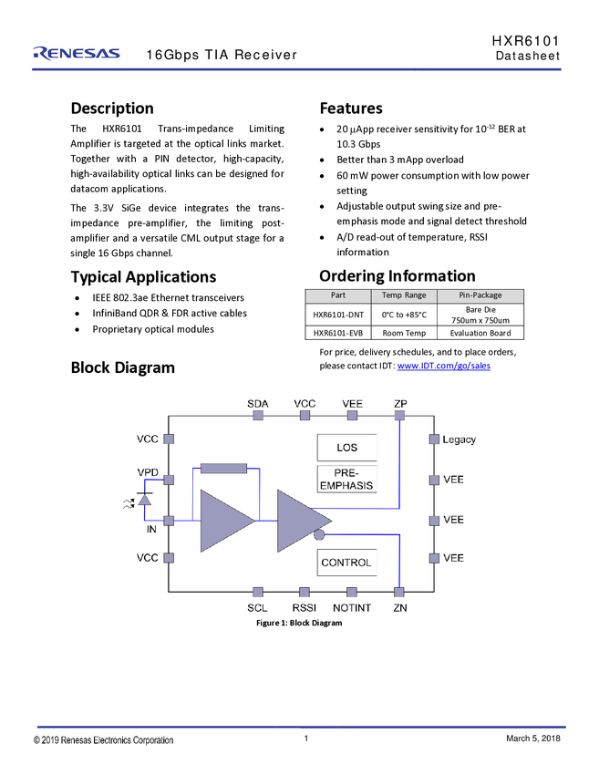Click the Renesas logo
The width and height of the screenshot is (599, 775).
point(77,54)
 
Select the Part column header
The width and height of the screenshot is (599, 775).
point(338,295)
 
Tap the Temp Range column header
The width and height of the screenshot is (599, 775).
point(404,295)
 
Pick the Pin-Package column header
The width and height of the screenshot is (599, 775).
point(480,295)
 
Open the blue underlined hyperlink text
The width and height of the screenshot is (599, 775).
point(444,367)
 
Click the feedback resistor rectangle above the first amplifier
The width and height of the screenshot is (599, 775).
point(223,468)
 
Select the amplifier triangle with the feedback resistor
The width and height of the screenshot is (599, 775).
point(223,521)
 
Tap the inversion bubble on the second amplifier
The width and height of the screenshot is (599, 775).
point(319,536)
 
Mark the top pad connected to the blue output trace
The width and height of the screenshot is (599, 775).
point(398,414)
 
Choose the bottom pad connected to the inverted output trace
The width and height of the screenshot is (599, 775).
point(398,593)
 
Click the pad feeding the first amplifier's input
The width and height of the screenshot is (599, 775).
point(169,521)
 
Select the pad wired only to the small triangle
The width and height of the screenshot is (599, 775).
point(169,479)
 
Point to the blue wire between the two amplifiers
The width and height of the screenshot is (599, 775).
point(265,521)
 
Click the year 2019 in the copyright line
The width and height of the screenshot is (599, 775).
point(53,740)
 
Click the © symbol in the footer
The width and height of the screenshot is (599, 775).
point(37,740)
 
